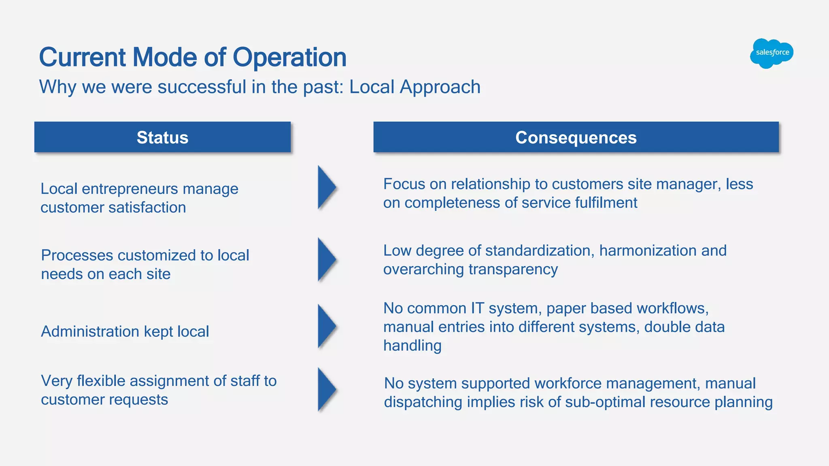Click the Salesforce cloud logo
772,53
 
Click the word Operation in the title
289,57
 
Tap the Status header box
162,138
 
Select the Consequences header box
576,138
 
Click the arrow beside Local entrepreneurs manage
326,187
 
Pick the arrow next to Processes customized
326,259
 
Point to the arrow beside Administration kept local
326,326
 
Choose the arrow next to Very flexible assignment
326,389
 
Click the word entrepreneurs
132,189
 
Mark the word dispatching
423,402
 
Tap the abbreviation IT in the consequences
477,308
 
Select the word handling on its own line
412,346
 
